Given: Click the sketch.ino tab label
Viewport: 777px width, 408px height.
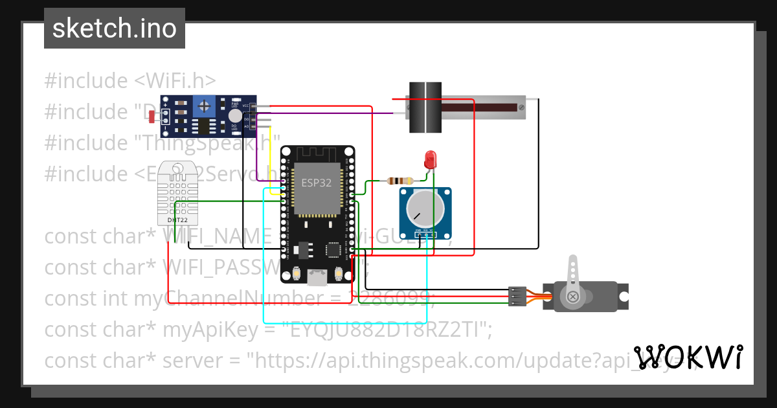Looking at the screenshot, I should coord(114,28).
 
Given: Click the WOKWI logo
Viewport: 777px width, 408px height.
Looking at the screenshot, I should coord(688,357).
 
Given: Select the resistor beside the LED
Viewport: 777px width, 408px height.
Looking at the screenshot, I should coord(400,181).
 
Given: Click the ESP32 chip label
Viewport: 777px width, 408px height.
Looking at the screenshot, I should coord(316,183).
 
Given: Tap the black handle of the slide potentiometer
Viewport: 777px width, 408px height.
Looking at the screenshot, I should coord(425,108).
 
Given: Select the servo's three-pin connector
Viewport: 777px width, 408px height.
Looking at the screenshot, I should coord(517,296).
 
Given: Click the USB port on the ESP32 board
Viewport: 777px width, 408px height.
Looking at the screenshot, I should coord(317,277).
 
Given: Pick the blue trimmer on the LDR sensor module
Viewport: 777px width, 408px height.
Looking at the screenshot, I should coord(205,104).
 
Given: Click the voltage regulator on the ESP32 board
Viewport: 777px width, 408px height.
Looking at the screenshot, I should coord(302,248).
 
